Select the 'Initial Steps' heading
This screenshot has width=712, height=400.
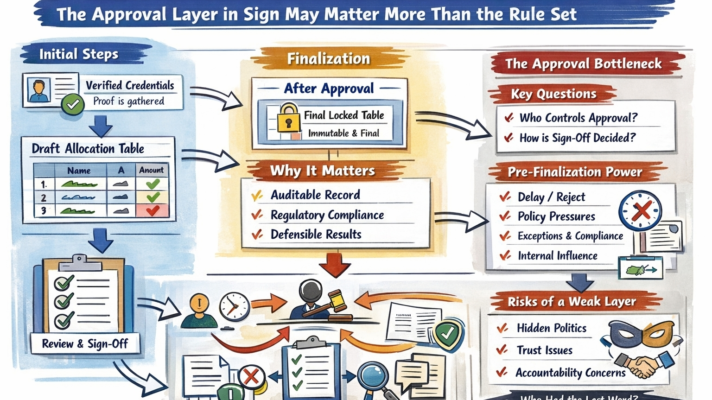click(79, 54)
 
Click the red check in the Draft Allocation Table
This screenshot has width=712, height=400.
click(153, 211)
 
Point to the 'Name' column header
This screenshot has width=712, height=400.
click(79, 171)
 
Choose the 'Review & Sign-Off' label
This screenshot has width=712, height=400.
click(85, 343)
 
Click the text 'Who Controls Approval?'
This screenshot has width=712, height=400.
click(578, 118)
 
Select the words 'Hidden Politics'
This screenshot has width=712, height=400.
click(551, 328)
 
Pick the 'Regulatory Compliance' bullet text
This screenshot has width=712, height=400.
click(327, 215)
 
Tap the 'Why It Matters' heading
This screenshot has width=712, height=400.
click(322, 171)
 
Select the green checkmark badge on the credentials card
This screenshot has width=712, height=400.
click(73, 104)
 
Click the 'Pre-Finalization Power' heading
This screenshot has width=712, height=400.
click(574, 172)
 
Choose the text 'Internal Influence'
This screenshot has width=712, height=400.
click(557, 256)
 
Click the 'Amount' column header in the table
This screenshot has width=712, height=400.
click(151, 170)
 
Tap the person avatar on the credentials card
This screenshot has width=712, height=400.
click(39, 90)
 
